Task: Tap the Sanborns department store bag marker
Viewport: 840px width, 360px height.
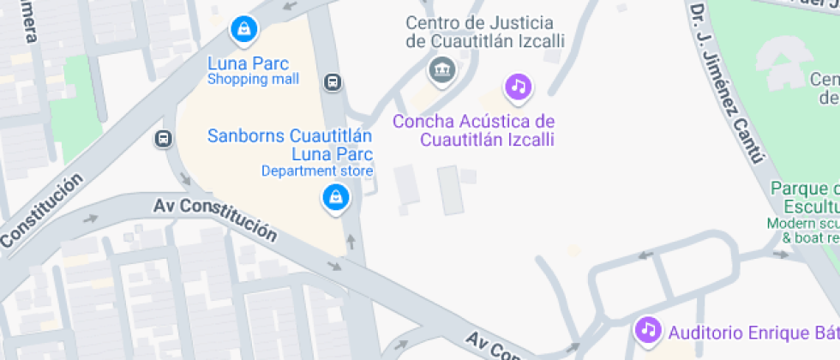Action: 334,199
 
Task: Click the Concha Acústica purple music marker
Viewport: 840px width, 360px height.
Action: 518,86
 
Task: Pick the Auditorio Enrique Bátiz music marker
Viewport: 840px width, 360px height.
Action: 649,329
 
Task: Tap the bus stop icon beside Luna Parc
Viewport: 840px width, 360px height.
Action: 333,82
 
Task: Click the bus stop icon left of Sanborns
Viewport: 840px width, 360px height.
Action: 163,138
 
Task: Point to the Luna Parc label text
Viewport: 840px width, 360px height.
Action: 249,63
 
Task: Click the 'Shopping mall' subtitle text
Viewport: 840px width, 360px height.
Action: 253,80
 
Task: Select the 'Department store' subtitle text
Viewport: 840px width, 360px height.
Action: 317,171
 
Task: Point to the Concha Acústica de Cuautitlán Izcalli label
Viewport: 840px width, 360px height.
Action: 474,130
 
